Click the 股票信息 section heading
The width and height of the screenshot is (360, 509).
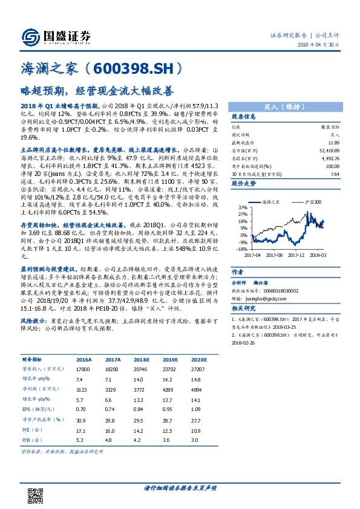coord(244,117)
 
